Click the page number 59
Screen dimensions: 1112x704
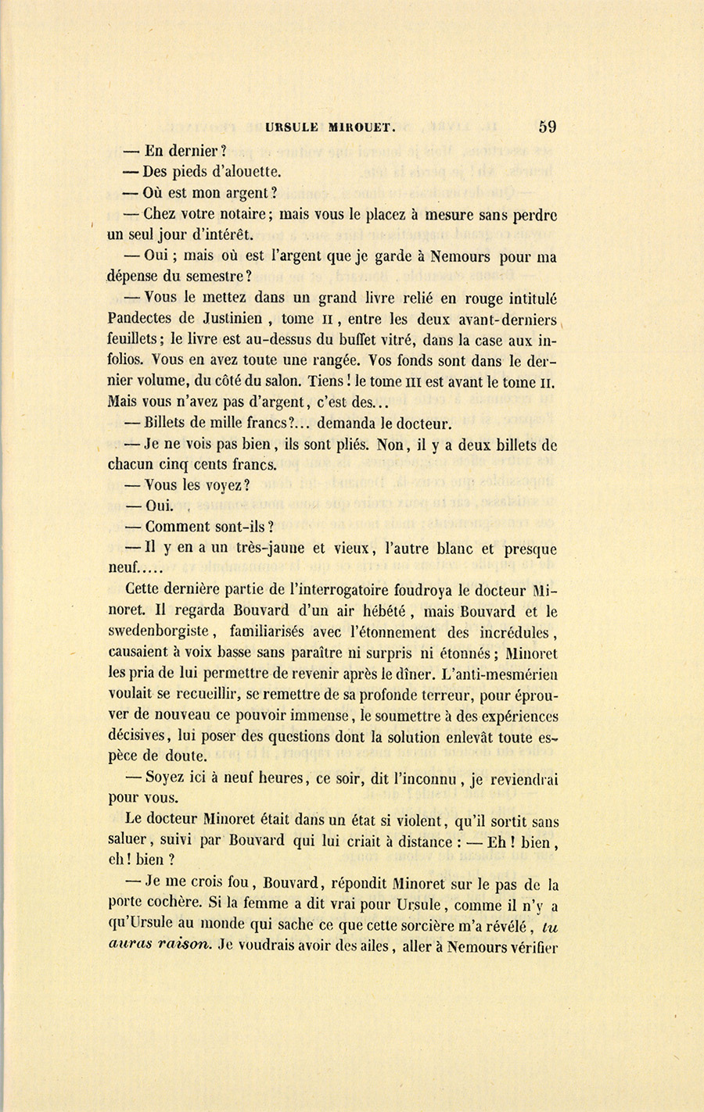coord(547,127)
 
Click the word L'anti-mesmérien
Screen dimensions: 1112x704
coord(500,674)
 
